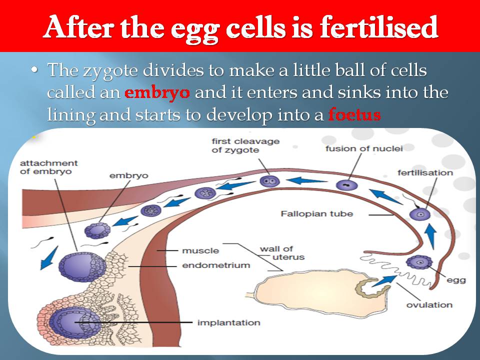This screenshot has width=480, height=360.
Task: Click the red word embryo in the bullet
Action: (157, 93)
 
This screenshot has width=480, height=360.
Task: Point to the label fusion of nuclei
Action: (363, 148)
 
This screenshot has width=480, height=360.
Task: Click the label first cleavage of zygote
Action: (238, 145)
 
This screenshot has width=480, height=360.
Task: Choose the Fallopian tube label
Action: (316, 214)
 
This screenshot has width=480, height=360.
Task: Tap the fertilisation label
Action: (425, 173)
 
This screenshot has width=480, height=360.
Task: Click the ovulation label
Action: (429, 304)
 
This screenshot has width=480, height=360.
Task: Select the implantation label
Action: (228, 322)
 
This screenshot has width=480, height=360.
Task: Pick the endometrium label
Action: (216, 265)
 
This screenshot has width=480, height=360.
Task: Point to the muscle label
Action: (200, 250)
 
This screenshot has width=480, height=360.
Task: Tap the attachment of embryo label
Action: (49, 167)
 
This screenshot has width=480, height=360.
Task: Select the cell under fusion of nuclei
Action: (346, 184)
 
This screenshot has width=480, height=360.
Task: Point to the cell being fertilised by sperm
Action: (419, 214)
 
